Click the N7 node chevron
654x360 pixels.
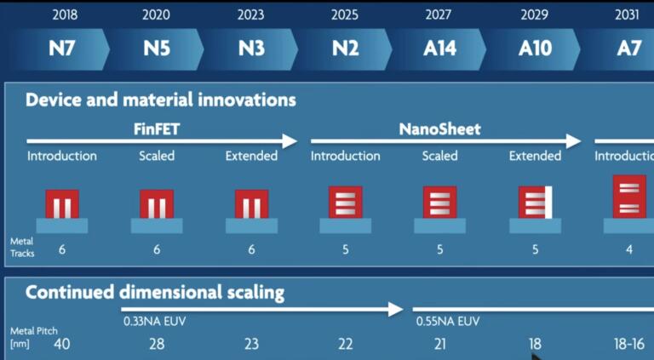point(61,48)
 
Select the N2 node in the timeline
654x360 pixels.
point(345,48)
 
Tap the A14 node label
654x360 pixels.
point(439,48)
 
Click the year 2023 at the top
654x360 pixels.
point(250,14)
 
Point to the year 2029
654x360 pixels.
point(535,14)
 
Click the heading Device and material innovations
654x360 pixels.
point(160,100)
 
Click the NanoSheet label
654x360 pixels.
point(439,129)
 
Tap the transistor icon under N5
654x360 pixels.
point(157,204)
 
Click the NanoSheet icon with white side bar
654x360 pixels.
point(536,203)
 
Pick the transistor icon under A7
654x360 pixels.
point(628,197)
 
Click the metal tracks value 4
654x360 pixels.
point(629,249)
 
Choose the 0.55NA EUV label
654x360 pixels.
point(448,323)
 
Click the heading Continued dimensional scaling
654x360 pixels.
point(154,293)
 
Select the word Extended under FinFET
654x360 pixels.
point(251,156)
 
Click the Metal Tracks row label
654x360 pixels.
point(21,247)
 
